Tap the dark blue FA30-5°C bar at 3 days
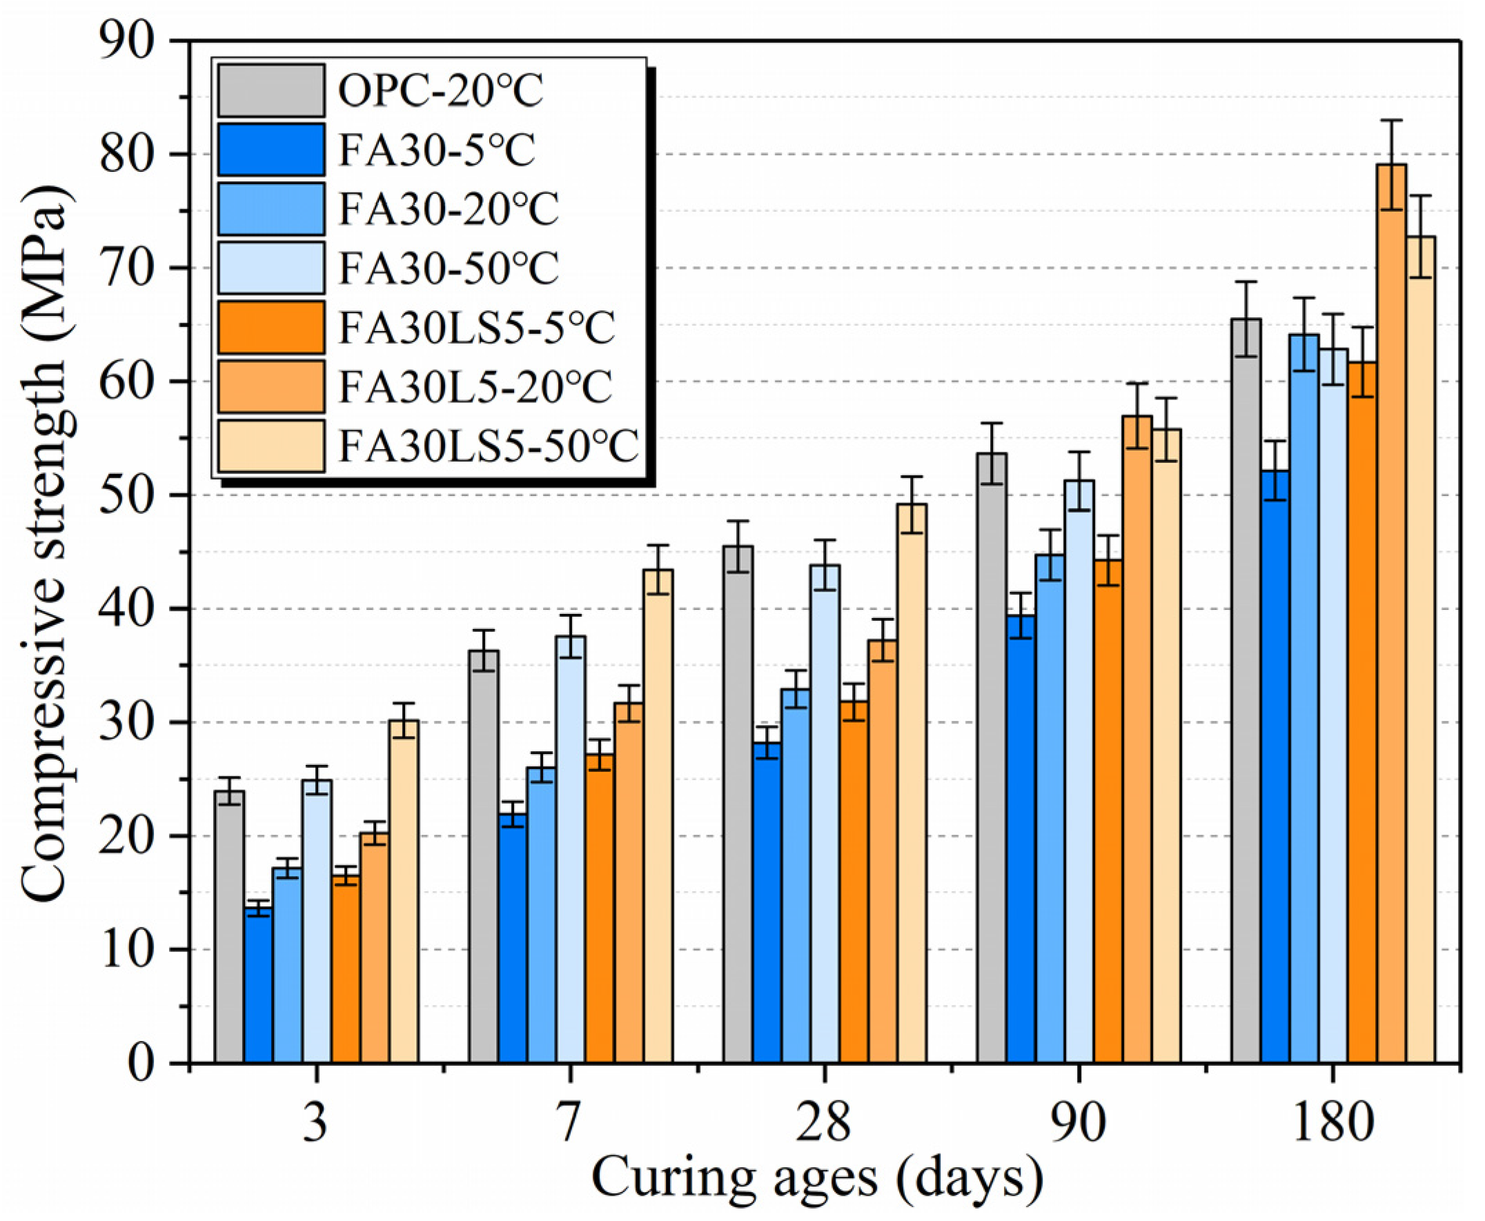coord(258,984)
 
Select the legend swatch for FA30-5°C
coord(271,149)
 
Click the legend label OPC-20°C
coord(440,90)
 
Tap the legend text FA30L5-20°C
coord(475,386)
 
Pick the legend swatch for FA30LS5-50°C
coord(271,445)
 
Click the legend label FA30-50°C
coord(449,268)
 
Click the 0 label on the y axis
coord(141,1064)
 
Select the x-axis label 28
coord(823,1124)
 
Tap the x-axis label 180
coord(1332,1124)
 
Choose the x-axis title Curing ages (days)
coord(816,1178)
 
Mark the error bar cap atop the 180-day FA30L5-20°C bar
coord(1390,120)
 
